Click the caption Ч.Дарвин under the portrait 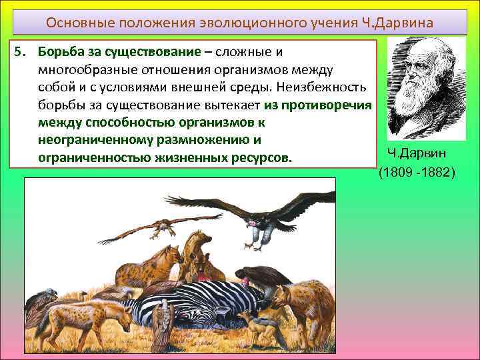(x=416, y=155)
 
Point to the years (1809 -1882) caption (x=417, y=173)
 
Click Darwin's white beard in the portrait (x=417, y=100)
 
